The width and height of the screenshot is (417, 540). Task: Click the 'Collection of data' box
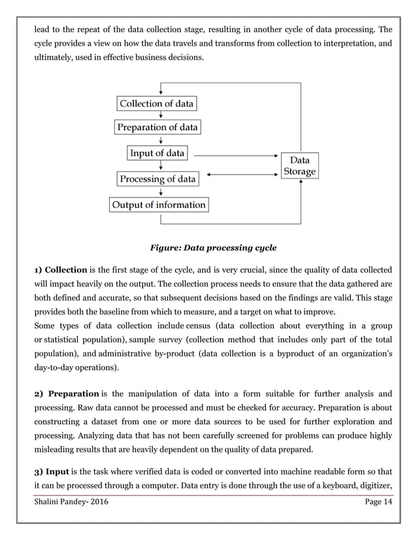pyautogui.click(x=157, y=103)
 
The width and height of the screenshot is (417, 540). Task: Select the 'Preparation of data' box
pyautogui.click(x=157, y=128)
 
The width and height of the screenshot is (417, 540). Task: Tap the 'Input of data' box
pyautogui.click(x=157, y=154)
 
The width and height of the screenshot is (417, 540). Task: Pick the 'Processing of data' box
pyautogui.click(x=157, y=178)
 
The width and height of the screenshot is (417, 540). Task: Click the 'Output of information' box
pyautogui.click(x=158, y=205)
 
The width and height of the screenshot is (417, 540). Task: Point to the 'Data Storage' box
pyautogui.click(x=300, y=166)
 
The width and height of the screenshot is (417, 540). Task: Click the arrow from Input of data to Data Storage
pyautogui.click(x=235, y=156)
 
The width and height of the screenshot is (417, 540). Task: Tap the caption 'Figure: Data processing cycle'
pyautogui.click(x=213, y=248)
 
